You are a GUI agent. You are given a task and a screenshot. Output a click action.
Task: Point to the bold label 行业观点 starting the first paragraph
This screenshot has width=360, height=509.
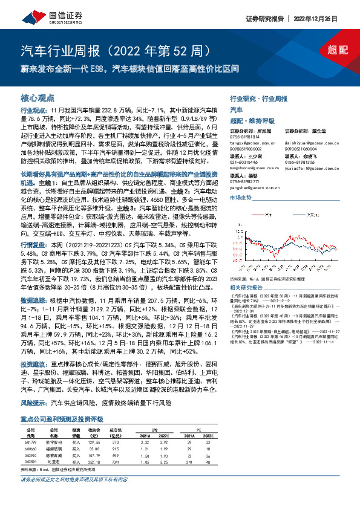tap(33, 111)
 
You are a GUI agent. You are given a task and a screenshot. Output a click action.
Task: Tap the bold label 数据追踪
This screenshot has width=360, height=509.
tap(33, 300)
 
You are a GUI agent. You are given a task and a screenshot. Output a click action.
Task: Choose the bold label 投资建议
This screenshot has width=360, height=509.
tap(33, 365)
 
